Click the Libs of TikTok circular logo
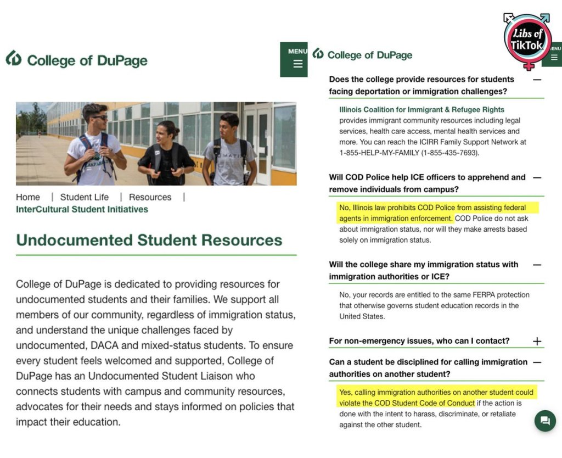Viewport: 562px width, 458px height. coord(527,40)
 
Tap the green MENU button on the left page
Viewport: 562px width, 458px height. coord(297,59)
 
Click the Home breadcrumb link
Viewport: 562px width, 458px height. coord(28,197)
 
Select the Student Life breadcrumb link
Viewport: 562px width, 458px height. coord(85,197)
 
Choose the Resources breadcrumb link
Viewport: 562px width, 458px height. coord(150,197)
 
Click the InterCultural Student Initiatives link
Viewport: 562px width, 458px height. coord(82,209)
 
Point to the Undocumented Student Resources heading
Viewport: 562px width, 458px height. coord(149,240)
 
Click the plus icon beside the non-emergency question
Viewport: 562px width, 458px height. coord(537,341)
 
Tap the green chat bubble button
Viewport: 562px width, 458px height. coord(545,421)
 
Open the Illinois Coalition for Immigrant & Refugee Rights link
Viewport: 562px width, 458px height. coord(421,110)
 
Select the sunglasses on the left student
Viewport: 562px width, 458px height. coord(99,117)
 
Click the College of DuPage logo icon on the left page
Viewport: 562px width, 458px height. coord(14,58)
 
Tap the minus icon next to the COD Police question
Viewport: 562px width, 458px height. coord(537,177)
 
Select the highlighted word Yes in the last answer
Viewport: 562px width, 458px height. coord(345,393)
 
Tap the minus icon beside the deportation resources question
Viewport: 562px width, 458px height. coord(537,80)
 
